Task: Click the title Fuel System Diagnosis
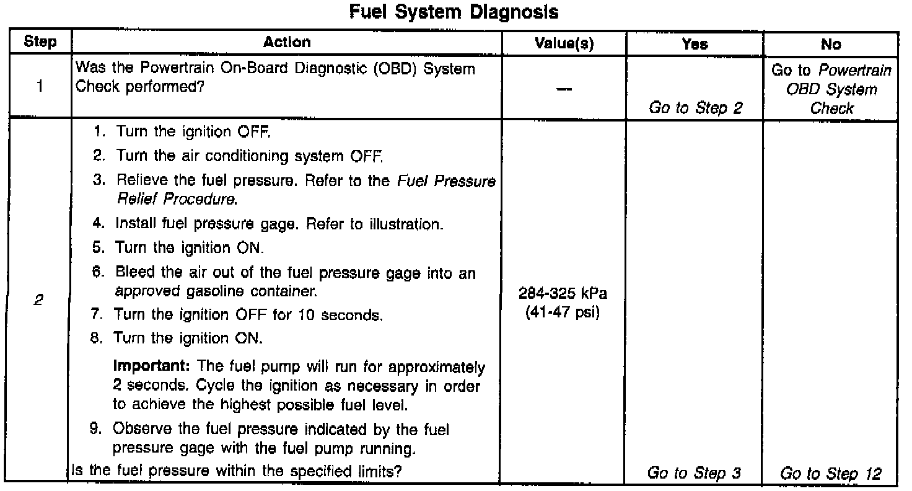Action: point(454,12)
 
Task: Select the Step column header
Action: point(40,43)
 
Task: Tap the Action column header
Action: point(287,42)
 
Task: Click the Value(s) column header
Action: point(563,43)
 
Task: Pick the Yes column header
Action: point(694,43)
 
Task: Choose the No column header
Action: point(830,43)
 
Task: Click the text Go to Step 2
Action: point(695,108)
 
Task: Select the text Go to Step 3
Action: point(694,474)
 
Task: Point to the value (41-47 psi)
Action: point(563,312)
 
